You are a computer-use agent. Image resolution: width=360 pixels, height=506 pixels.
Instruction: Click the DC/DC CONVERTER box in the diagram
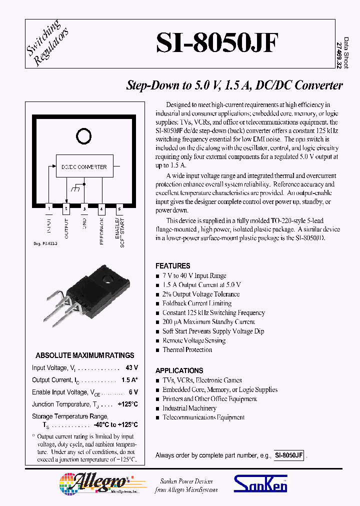pos(84,167)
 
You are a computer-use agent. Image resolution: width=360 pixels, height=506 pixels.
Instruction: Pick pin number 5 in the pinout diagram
pos(119,208)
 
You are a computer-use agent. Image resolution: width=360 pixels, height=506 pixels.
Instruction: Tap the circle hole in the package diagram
pos(83,134)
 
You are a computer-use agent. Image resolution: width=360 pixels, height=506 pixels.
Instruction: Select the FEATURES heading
pos(172,266)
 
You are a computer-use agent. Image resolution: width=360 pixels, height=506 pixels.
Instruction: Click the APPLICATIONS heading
pos(179,370)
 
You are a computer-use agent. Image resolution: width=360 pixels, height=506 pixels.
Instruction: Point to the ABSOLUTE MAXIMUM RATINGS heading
pos(85,355)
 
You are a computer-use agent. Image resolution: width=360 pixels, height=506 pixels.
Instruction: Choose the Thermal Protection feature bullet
pos(187,349)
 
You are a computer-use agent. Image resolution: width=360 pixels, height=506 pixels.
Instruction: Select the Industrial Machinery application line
pos(189,408)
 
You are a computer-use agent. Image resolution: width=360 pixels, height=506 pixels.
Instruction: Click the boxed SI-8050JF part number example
pos(288,455)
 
